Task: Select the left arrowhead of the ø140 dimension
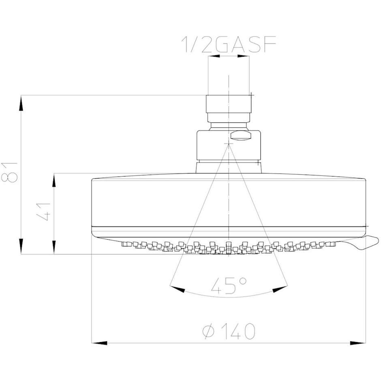pyautogui.click(x=99, y=343)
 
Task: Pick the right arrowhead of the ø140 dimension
pyautogui.click(x=358, y=343)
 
